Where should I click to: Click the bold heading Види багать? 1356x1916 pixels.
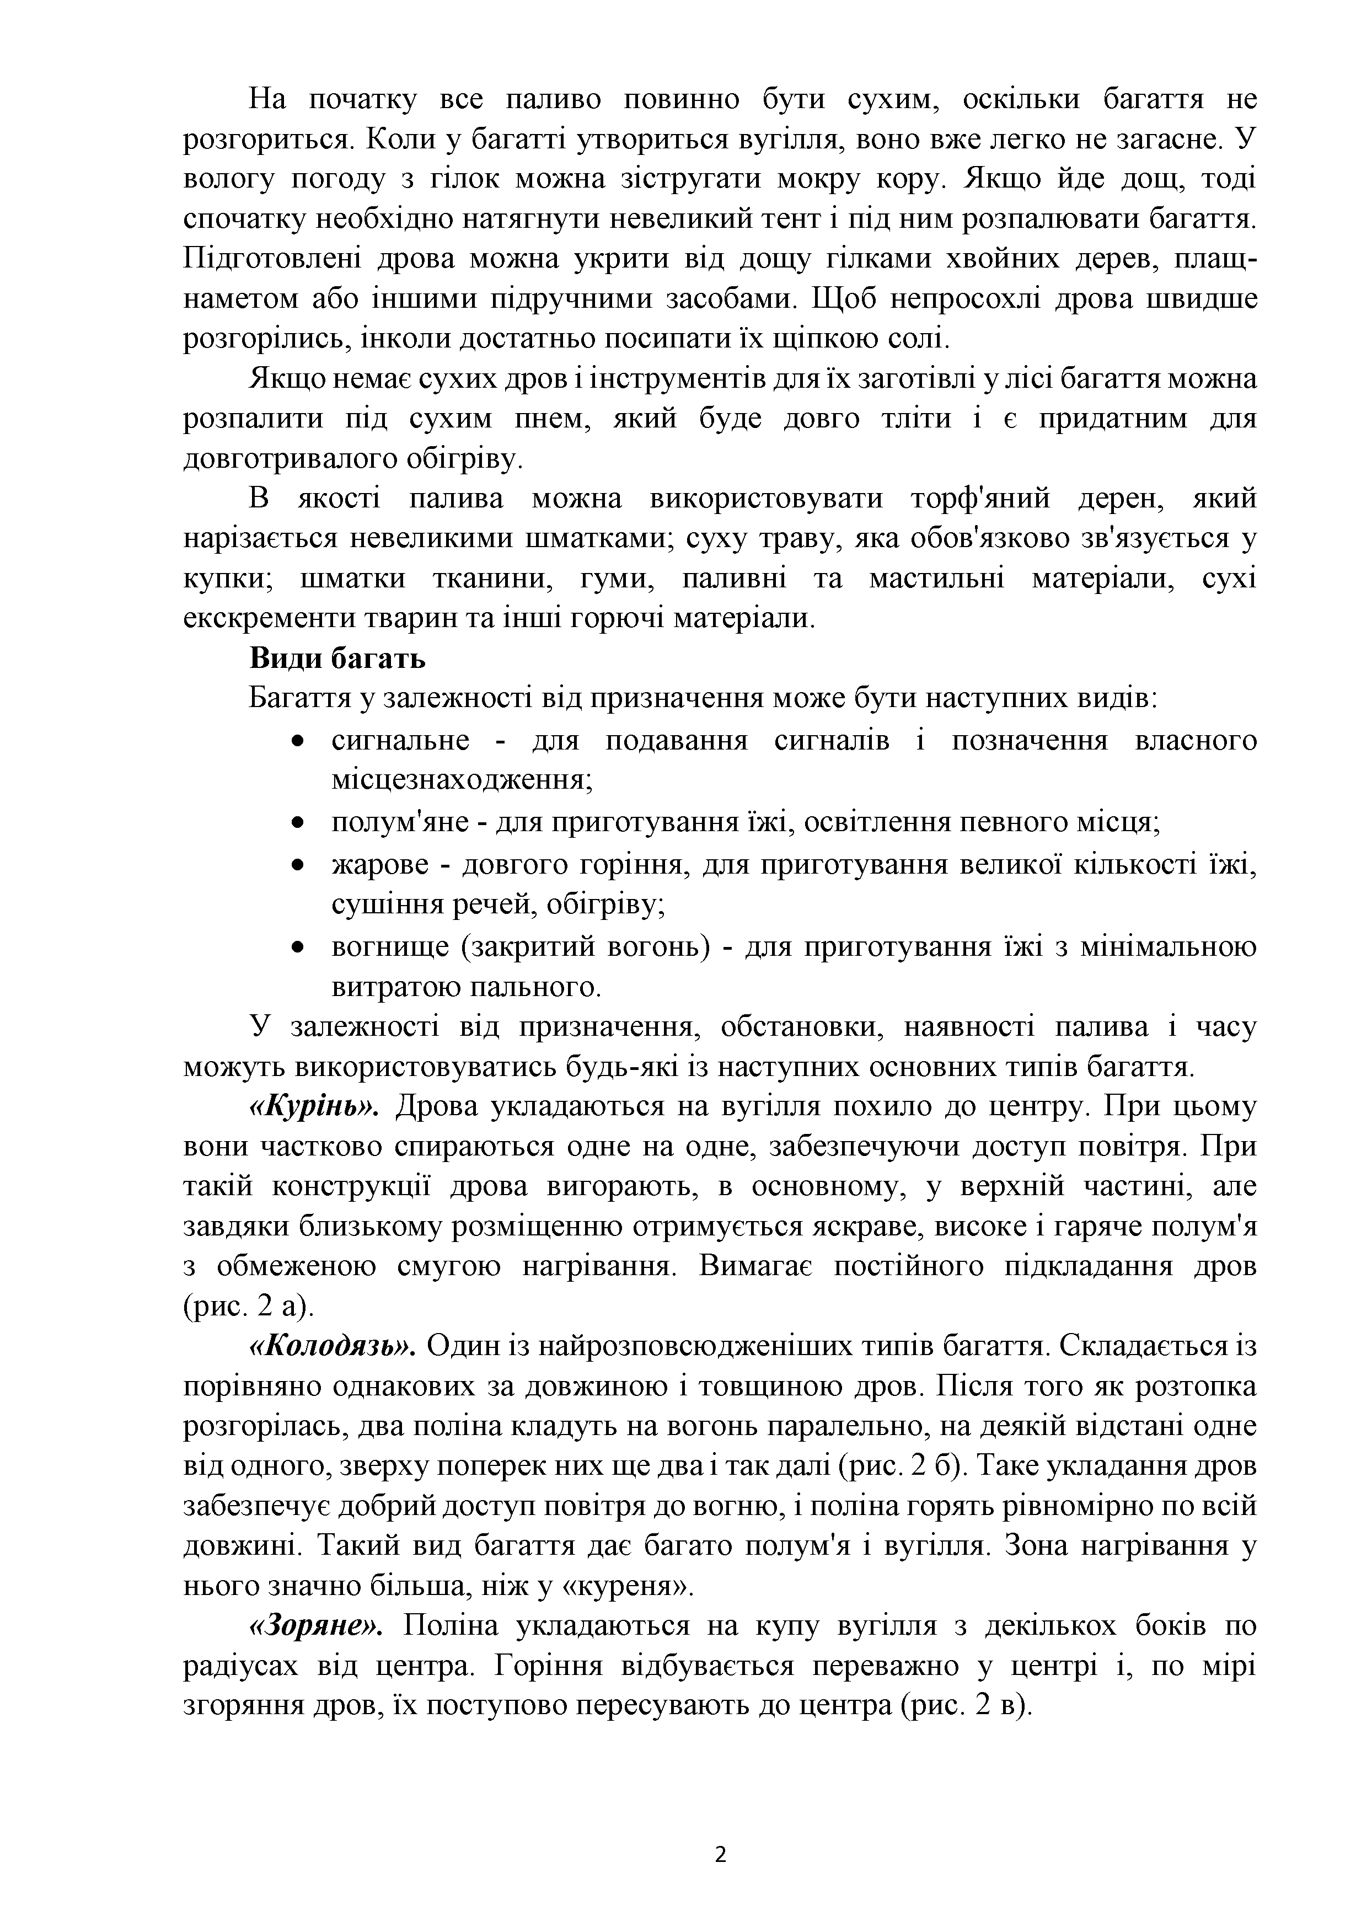(337, 659)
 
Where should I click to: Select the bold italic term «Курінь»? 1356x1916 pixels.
(315, 1107)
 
